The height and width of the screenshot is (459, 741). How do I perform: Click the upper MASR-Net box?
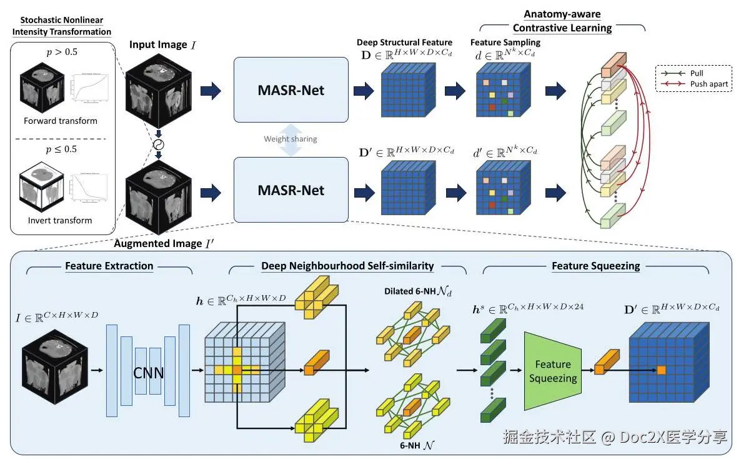coord(291,89)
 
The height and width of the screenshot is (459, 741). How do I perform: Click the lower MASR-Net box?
coord(291,189)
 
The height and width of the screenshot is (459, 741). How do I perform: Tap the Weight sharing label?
coord(290,139)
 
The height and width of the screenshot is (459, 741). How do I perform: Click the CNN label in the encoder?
coord(149,373)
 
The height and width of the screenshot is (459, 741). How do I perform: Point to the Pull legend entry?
coord(697,73)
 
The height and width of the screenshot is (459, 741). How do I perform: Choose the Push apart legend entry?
coord(709,84)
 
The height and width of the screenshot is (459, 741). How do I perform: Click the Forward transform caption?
coord(61,121)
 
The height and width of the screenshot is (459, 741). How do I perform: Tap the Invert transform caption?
coord(60,220)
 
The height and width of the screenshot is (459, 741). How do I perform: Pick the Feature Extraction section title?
coord(109,266)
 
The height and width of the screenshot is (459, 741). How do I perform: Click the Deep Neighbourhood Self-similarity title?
coord(347,266)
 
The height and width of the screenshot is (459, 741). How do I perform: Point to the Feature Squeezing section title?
coord(595,266)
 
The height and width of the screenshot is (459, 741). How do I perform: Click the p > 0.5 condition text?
coord(62,52)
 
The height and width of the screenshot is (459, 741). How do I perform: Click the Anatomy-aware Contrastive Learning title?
coord(562,21)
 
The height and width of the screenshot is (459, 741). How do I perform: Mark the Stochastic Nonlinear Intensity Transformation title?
coord(61,26)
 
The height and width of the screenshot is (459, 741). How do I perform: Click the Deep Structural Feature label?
coord(404,43)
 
